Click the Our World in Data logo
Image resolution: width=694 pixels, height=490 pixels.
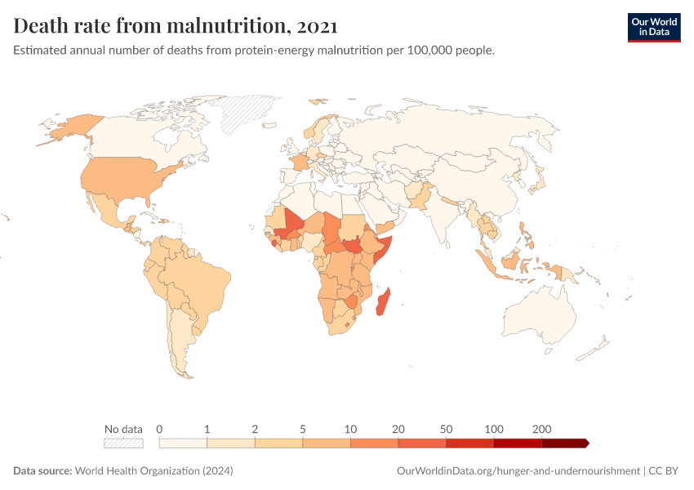tap(653, 26)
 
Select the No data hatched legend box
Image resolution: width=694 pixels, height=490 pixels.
tap(123, 443)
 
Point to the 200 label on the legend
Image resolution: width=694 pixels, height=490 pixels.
tap(541, 429)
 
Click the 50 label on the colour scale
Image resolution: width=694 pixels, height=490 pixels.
tap(446, 429)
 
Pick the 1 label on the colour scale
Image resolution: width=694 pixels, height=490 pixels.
tap(207, 429)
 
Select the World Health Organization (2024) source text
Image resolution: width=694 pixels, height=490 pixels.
tap(154, 471)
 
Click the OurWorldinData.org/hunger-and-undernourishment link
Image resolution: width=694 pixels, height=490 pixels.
tap(518, 471)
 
